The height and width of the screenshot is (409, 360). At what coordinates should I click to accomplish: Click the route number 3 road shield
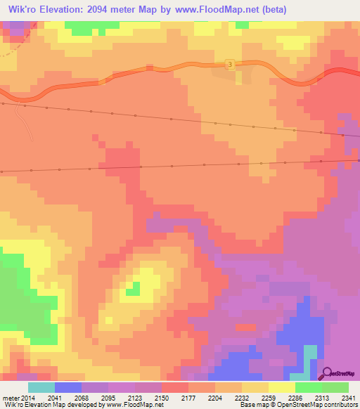point(230,64)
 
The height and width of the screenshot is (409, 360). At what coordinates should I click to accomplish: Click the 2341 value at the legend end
point(349,397)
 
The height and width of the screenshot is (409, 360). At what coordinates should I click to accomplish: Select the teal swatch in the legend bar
point(41,387)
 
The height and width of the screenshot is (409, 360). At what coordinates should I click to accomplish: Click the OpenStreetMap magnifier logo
point(326,374)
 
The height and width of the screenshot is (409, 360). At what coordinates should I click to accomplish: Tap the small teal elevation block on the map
point(309,355)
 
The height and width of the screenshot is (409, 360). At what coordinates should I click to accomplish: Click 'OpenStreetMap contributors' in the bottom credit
point(328,405)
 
